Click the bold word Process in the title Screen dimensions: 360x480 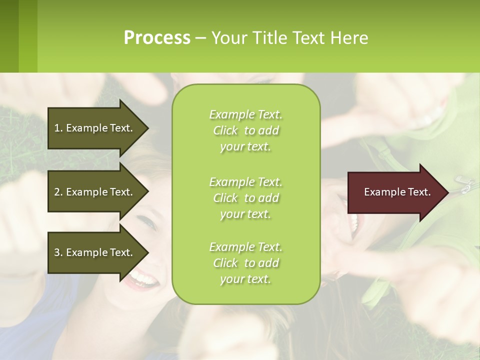coord(157,38)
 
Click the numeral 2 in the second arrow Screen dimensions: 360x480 coord(56,192)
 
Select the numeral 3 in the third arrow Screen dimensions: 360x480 coord(56,252)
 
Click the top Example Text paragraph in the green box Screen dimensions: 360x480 coord(245,130)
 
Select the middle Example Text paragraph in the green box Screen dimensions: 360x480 coord(245,198)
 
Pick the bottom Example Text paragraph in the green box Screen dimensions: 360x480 coord(245,263)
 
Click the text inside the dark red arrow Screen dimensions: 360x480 coord(397,192)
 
